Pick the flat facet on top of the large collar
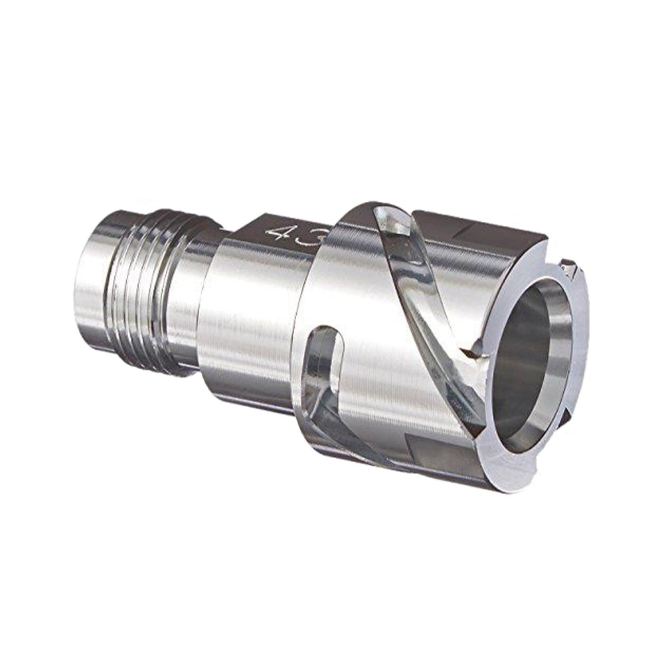pos(478,229)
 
